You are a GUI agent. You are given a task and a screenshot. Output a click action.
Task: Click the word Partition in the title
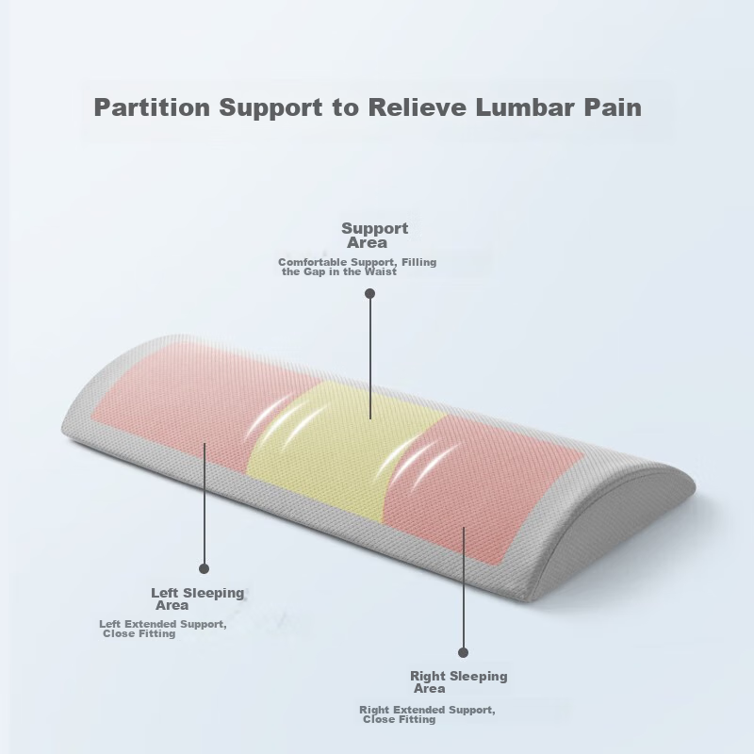[152, 107]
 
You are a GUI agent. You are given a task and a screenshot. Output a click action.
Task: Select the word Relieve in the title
[417, 107]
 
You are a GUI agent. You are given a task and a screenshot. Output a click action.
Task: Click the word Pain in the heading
[614, 107]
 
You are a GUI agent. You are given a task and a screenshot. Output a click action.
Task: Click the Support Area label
[374, 235]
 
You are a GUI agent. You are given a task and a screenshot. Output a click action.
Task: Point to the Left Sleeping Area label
[198, 598]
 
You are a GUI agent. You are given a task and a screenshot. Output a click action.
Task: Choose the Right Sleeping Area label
[459, 681]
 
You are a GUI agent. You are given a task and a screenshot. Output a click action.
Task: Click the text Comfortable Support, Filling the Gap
[357, 267]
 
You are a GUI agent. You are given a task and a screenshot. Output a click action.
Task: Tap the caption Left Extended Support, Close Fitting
[162, 629]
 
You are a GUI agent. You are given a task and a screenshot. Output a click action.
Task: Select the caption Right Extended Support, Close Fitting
[427, 714]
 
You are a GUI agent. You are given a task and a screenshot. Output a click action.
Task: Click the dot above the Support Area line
[369, 293]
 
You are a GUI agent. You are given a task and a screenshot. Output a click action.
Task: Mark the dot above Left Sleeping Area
[204, 569]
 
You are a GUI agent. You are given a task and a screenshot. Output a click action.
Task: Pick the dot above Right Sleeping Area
[463, 652]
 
